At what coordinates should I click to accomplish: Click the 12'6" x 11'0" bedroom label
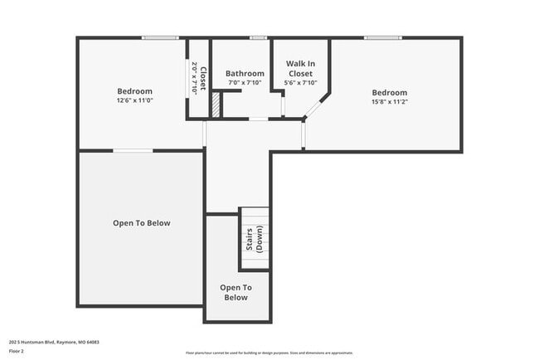click(x=134, y=95)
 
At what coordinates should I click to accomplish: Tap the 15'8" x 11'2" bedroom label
click(x=389, y=97)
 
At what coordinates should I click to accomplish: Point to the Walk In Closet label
click(x=300, y=69)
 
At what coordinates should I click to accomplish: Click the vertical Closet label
click(x=197, y=78)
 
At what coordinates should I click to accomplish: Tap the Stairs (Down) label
click(x=254, y=239)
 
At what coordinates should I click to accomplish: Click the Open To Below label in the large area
click(x=142, y=222)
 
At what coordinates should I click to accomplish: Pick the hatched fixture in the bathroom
click(x=216, y=105)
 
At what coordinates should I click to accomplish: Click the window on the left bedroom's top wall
click(x=160, y=37)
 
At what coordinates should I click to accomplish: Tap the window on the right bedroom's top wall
click(x=383, y=37)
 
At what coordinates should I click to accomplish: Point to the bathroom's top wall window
click(x=259, y=37)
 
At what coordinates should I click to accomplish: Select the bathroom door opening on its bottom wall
click(x=259, y=120)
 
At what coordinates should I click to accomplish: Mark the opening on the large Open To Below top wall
click(x=133, y=150)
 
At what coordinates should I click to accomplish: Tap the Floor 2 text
click(x=17, y=351)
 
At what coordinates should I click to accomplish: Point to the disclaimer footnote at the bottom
click(x=269, y=353)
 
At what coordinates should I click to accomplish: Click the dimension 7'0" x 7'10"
click(x=245, y=83)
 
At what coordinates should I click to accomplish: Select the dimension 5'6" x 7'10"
click(x=300, y=83)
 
